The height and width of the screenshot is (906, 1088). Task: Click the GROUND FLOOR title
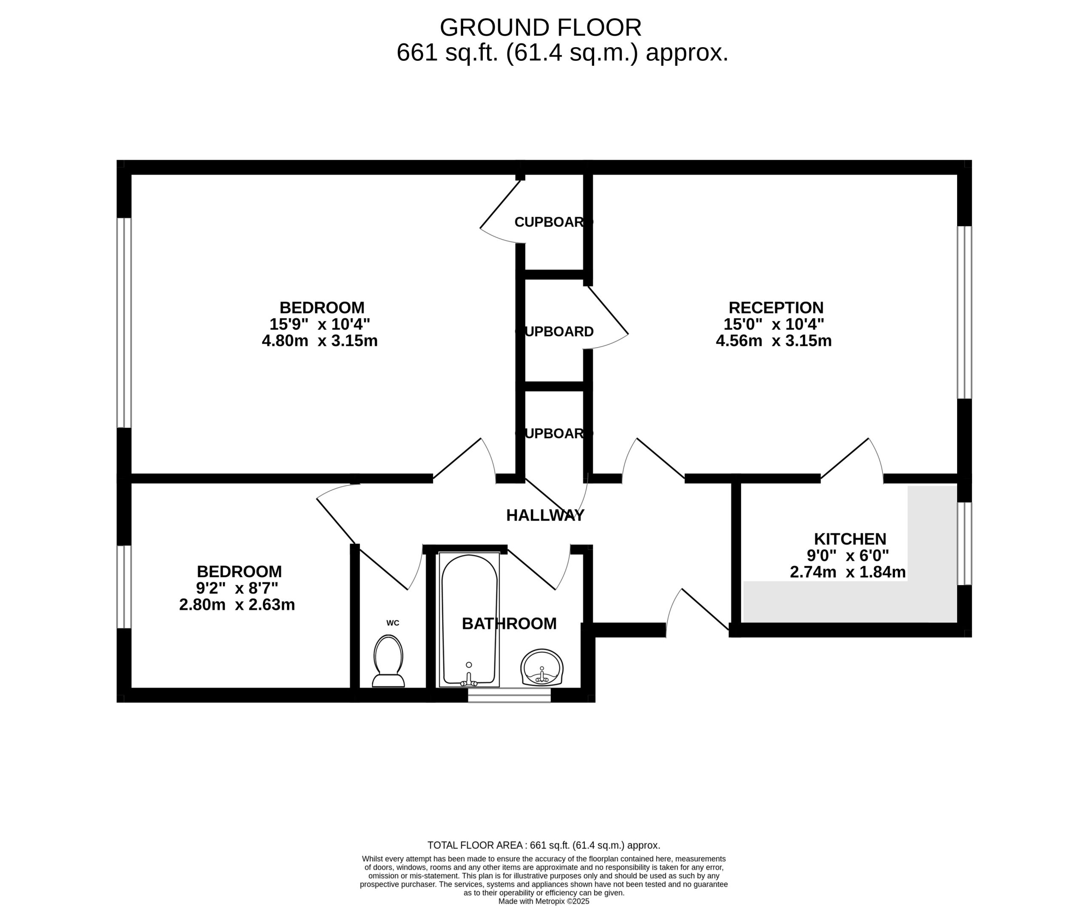coord(540,28)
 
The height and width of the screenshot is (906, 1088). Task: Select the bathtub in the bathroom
coord(469,619)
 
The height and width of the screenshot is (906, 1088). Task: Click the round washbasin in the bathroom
coord(542,668)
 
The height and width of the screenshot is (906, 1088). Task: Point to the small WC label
coord(393,623)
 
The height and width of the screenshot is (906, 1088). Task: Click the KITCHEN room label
coord(850,539)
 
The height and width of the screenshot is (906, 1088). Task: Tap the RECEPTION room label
coord(776,308)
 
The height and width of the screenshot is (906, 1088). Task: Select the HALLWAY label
coord(545,515)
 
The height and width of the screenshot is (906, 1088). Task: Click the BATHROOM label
coord(509,624)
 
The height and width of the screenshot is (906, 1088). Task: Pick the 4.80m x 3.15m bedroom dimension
coord(320,341)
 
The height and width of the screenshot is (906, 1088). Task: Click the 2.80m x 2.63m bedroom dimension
coord(237,605)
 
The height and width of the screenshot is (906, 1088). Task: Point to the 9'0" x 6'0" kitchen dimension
coord(847,555)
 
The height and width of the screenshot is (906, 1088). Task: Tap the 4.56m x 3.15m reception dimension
coord(773,341)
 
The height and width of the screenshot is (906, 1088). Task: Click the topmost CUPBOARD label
coord(553,222)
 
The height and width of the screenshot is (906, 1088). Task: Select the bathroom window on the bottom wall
coord(509,695)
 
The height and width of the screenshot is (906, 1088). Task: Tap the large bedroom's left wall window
coord(124,323)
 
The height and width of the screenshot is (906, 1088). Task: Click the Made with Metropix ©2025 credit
coord(544,901)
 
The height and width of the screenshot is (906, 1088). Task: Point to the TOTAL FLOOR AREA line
coord(544,845)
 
